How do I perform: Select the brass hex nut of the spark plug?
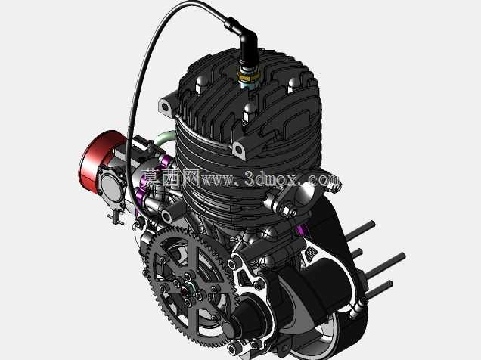point(249,75)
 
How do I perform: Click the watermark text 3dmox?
point(271,178)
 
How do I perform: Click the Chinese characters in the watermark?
point(172,178)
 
